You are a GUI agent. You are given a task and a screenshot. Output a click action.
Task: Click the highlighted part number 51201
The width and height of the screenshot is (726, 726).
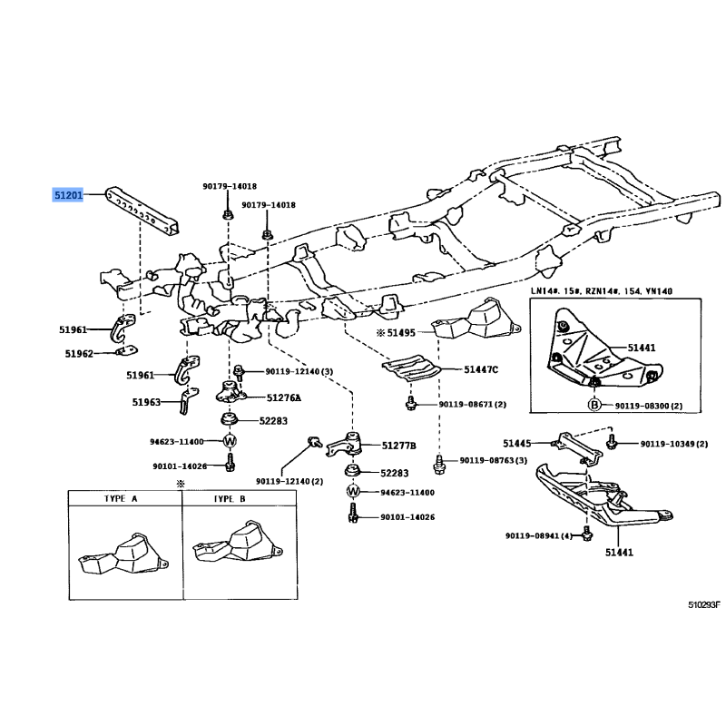click(x=68, y=194)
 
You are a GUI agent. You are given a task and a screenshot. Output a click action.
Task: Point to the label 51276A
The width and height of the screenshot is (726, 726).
click(x=284, y=397)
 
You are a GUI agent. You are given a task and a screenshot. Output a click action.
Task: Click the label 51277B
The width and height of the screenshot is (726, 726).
click(x=398, y=446)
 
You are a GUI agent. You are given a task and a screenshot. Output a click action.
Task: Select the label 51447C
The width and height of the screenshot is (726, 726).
click(x=482, y=369)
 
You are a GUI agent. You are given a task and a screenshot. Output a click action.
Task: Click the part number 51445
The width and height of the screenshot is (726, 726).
click(x=519, y=443)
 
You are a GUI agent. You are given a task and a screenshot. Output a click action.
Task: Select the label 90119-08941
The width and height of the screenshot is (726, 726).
click(x=542, y=536)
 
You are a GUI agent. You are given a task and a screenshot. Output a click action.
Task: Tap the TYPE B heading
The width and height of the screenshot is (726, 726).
click(x=229, y=499)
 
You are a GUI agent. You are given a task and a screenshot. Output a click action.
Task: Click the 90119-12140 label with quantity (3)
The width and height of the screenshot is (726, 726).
click(x=299, y=371)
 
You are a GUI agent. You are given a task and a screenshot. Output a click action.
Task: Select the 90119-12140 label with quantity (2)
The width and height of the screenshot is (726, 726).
click(x=289, y=481)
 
